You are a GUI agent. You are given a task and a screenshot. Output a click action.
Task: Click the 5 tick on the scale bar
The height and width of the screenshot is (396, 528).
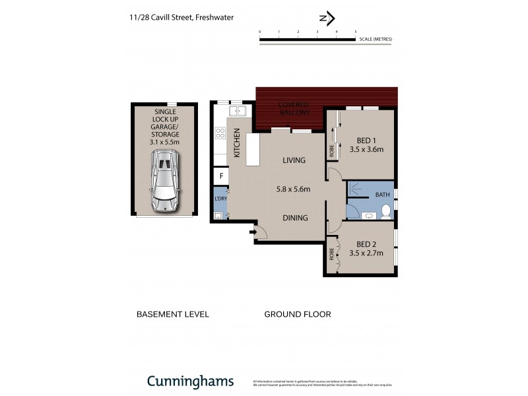pos(356,32)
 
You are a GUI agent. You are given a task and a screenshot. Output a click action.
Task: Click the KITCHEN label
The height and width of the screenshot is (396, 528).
pos(238,143)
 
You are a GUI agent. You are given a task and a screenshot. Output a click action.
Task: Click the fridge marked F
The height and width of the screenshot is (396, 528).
pos(220,176)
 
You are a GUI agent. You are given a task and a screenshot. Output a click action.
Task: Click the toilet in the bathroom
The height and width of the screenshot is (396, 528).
pos(387,212)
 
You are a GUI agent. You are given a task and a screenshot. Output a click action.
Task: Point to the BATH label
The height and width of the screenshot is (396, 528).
pos(382,195)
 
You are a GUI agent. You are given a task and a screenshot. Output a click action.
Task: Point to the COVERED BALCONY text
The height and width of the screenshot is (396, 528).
pos(294,109)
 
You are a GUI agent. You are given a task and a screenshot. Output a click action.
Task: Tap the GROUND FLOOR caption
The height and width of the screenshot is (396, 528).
pos(297,314)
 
